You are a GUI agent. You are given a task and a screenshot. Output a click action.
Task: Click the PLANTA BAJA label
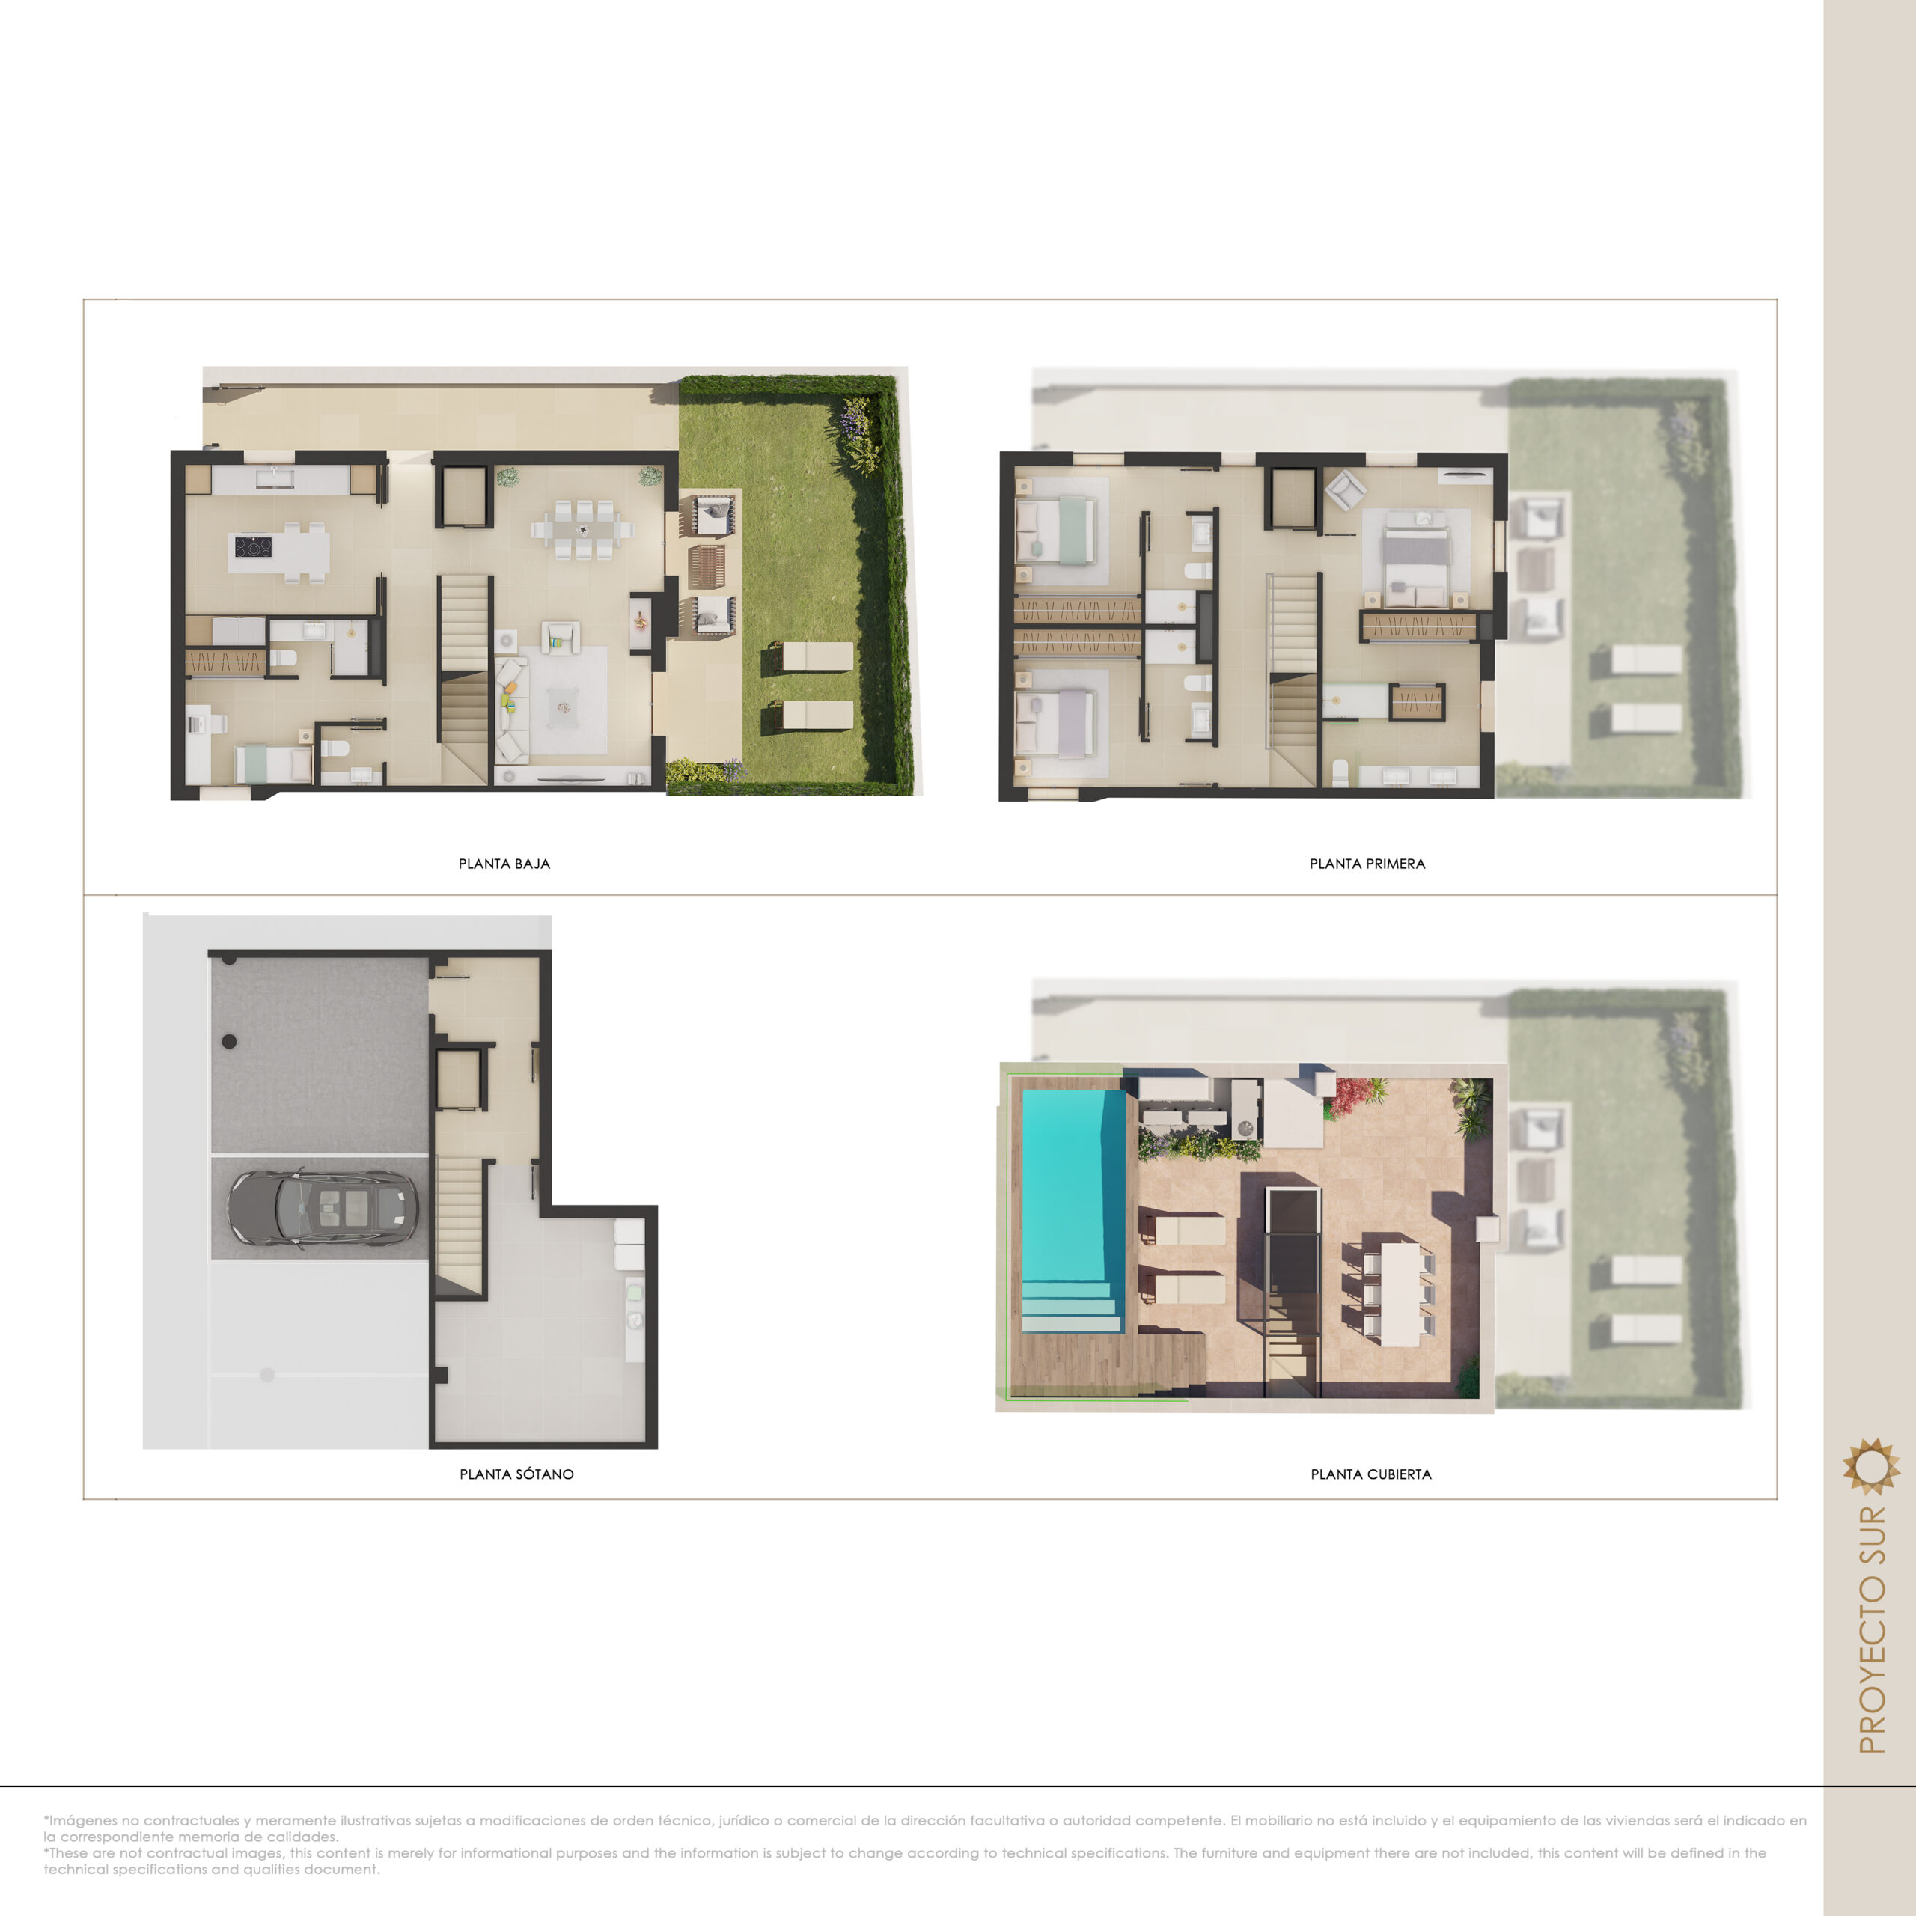(504, 864)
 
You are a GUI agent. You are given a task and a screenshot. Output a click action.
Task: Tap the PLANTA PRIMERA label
(1367, 864)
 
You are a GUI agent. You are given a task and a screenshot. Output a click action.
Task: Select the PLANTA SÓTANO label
(516, 1474)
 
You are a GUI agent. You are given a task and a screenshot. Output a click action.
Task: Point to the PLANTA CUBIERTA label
(1372, 1474)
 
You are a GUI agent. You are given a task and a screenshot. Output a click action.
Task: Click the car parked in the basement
(323, 1207)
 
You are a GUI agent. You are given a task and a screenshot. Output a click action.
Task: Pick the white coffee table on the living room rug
(564, 708)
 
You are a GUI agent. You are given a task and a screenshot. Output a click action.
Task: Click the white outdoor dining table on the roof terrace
(1400, 1294)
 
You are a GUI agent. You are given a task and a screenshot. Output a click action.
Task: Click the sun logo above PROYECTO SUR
(1871, 1465)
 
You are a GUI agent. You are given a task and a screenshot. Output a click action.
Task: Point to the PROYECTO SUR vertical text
(1871, 1630)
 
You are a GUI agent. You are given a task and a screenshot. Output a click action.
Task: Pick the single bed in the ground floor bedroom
(272, 765)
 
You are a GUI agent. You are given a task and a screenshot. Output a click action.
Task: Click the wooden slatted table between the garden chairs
(706, 567)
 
